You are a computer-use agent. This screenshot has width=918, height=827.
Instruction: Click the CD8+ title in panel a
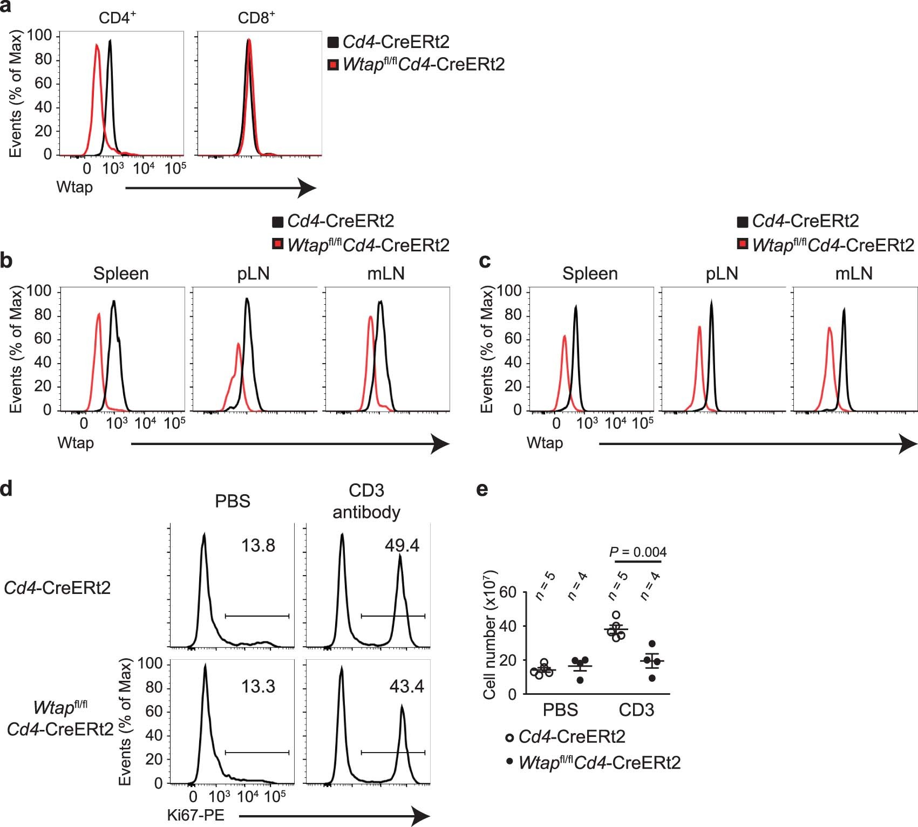point(256,18)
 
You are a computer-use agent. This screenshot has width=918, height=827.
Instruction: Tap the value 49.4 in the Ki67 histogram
point(402,545)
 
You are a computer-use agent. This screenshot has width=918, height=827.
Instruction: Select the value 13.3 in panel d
point(258,687)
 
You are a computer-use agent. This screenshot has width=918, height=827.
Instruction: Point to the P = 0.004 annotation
point(637,552)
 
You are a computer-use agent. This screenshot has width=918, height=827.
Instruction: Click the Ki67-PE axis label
point(195,815)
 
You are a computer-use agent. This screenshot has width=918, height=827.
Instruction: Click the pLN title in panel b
point(253,274)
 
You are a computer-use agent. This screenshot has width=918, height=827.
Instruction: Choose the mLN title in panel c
point(854,274)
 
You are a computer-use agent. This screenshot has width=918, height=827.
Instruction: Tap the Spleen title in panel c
point(590,274)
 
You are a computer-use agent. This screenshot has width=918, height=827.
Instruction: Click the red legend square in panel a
point(334,65)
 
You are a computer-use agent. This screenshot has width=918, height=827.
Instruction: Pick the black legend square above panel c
point(743,222)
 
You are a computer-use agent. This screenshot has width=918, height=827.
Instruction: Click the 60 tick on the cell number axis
point(508,593)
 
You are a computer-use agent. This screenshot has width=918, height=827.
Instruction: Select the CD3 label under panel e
point(636,710)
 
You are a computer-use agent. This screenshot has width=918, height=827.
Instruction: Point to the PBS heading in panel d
point(233,501)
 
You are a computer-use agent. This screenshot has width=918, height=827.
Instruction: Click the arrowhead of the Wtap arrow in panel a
point(308,188)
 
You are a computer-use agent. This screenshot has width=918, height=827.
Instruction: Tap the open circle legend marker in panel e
point(509,737)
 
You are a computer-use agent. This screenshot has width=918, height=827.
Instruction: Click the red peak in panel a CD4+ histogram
point(97,46)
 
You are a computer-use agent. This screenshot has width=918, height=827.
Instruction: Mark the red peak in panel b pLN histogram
point(238,344)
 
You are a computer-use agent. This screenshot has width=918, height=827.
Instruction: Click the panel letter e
point(482,489)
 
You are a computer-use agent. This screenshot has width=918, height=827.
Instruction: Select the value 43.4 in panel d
point(406,687)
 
